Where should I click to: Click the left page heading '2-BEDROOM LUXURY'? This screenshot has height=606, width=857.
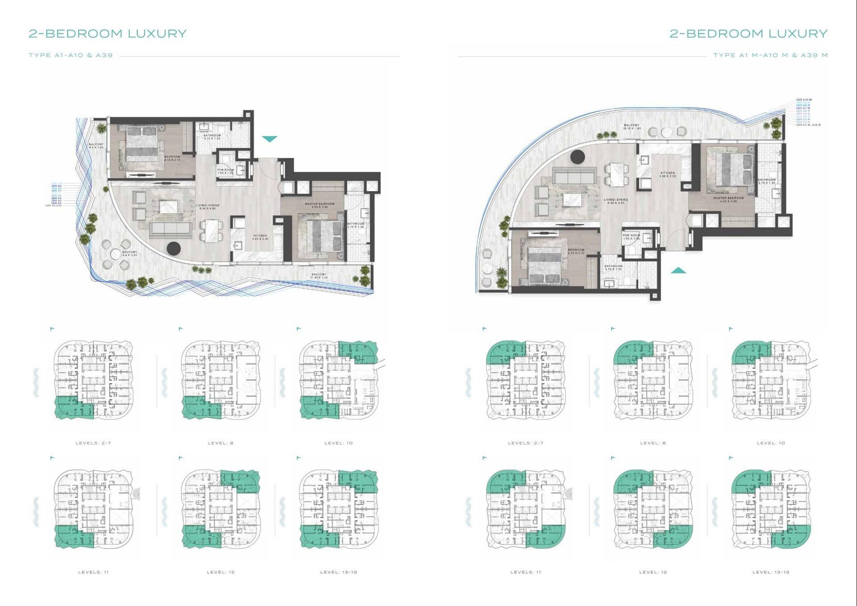108,33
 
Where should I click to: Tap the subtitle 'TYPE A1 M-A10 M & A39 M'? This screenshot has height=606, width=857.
770,55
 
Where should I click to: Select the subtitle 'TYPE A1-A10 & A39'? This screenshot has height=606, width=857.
71,55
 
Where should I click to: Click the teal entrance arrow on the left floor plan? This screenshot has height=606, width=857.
269,139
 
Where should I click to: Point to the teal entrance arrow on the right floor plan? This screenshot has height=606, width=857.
678,270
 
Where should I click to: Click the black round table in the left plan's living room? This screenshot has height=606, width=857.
174,248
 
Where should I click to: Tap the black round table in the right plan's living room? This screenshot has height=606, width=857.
578,157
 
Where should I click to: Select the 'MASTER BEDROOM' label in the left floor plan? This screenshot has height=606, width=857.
320,204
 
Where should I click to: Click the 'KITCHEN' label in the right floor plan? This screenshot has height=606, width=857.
668,173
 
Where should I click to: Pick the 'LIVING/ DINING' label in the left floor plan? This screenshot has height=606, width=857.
208,206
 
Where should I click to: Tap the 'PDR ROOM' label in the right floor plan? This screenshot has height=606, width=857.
631,236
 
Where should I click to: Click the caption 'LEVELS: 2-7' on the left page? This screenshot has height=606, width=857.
93,443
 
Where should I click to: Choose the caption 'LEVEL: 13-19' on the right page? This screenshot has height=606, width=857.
771,572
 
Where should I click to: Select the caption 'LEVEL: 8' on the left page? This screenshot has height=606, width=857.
220,443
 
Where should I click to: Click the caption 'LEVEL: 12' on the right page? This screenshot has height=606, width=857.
653,572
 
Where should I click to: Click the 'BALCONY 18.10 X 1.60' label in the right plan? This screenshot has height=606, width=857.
632,127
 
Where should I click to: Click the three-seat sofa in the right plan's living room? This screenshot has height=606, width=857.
574,175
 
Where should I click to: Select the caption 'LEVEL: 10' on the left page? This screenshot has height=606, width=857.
338,443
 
